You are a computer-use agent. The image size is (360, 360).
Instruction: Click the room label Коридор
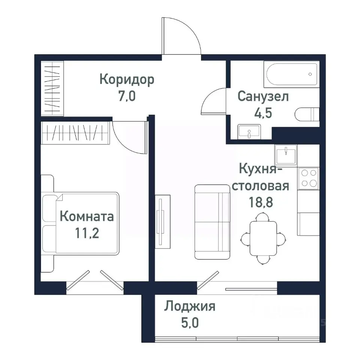(127, 80)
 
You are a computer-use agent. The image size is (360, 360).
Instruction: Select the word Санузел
(263, 97)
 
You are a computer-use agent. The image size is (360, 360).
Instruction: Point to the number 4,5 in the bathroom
(263, 113)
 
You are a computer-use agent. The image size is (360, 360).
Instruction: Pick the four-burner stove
(308, 178)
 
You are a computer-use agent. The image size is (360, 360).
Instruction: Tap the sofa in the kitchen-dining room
(212, 222)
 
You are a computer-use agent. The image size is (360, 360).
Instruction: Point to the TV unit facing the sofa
(162, 221)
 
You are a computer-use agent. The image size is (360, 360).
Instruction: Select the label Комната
(87, 217)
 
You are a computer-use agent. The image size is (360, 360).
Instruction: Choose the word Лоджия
(189, 307)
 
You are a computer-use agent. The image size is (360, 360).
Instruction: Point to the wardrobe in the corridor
(52, 89)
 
